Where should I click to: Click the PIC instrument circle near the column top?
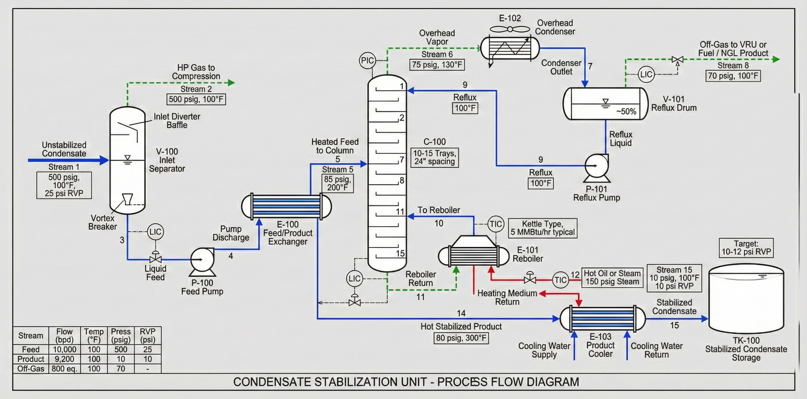(x=367, y=60)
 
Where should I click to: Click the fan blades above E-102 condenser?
(x=510, y=29)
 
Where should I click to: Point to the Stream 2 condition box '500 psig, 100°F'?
(x=196, y=99)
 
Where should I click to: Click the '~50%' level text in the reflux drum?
(x=626, y=111)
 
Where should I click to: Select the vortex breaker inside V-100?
(x=128, y=199)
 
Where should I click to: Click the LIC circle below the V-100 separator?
(x=155, y=232)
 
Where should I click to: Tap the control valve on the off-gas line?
(x=678, y=60)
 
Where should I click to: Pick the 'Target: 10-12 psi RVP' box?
(x=746, y=248)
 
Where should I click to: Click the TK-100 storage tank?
(x=746, y=301)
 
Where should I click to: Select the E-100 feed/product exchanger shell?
(x=286, y=206)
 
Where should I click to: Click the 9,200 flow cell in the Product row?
(x=64, y=359)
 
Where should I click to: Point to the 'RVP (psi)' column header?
(x=147, y=336)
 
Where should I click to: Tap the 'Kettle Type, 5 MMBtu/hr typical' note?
(x=542, y=228)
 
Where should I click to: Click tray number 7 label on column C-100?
(x=402, y=160)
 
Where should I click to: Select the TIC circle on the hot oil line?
(x=560, y=280)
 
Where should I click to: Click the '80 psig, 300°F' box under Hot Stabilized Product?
(x=461, y=338)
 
